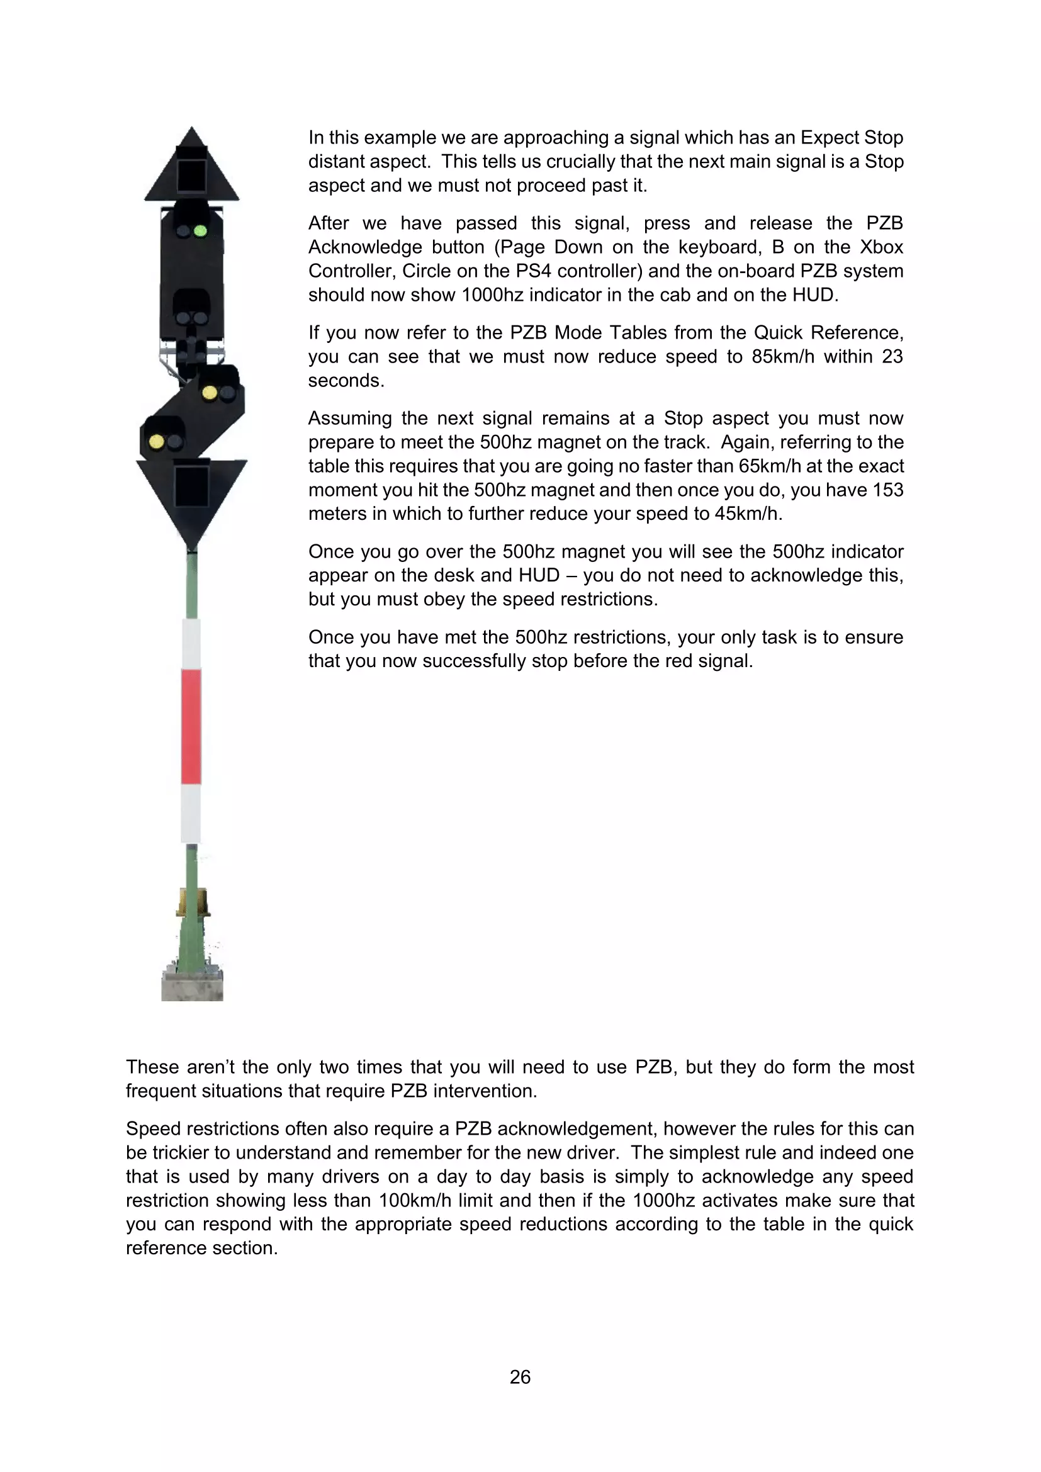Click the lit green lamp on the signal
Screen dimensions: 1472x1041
tap(200, 231)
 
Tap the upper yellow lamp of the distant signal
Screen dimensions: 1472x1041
tap(210, 392)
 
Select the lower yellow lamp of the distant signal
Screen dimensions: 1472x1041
tap(157, 441)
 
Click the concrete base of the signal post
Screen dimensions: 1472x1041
tap(193, 986)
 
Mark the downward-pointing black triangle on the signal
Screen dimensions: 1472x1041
tap(192, 497)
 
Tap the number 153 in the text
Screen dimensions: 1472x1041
tap(888, 490)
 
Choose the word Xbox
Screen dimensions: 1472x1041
tap(881, 247)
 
